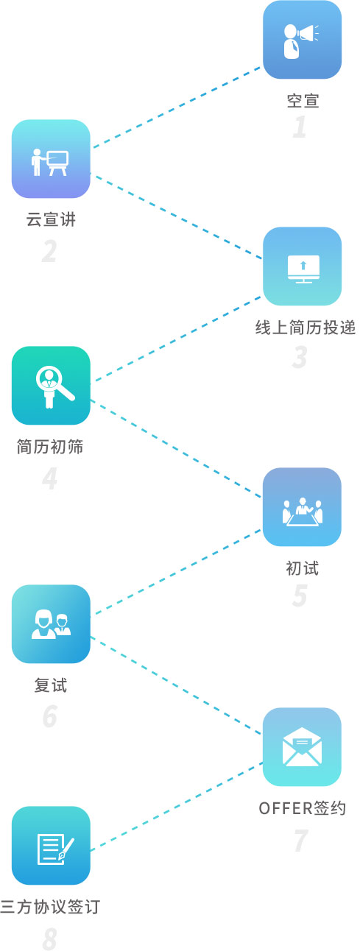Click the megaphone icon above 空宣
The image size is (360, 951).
pyautogui.click(x=303, y=40)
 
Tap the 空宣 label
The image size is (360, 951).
pyautogui.click(x=303, y=101)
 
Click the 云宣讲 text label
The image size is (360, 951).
pyautogui.click(x=51, y=219)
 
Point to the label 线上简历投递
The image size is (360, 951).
pyautogui.click(x=306, y=328)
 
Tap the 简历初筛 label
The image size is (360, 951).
pyautogui.click(x=50, y=447)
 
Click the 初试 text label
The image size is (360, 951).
pyautogui.click(x=303, y=568)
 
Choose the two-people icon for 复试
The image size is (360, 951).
pyautogui.click(x=51, y=624)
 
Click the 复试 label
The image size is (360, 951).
pyautogui.click(x=51, y=685)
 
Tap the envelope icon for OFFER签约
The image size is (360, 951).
pyautogui.click(x=303, y=747)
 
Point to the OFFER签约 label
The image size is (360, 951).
pyautogui.click(x=303, y=808)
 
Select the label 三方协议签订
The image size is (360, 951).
pyautogui.click(x=50, y=906)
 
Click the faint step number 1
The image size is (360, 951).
pyautogui.click(x=300, y=127)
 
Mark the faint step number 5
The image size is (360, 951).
pyautogui.click(x=300, y=595)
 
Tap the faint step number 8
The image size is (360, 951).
pyautogui.click(x=49, y=939)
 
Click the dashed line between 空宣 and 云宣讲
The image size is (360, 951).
pyautogui.click(x=177, y=107)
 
